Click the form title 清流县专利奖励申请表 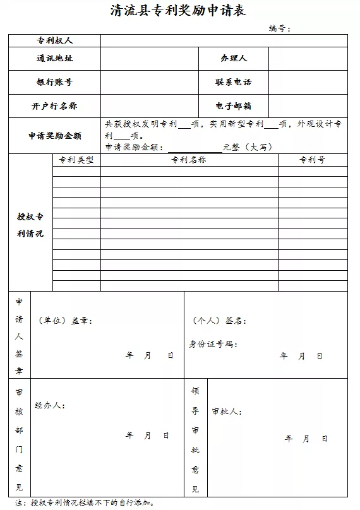point(177,10)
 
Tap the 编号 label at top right point(279,28)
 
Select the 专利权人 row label point(54,40)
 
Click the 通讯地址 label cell point(54,59)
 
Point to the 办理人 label point(234,59)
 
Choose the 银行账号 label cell point(54,82)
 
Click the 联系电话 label point(234,82)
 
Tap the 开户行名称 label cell point(54,106)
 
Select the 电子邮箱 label point(234,106)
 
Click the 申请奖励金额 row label point(54,136)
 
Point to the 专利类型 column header point(76,160)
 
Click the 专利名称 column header point(189,160)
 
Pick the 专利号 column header point(312,160)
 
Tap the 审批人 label point(227,412)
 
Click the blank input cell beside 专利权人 point(224,40)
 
